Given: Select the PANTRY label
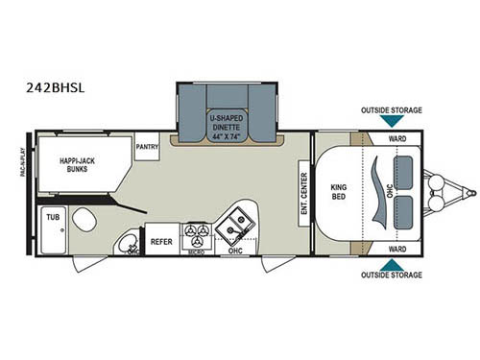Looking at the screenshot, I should [x=147, y=147].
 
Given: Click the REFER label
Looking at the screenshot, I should [x=161, y=241].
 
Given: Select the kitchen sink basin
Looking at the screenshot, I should [x=233, y=228].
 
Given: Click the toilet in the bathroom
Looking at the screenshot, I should [x=83, y=218].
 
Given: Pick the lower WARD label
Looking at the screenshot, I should [x=396, y=250].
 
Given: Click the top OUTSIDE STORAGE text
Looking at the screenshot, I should [x=391, y=110].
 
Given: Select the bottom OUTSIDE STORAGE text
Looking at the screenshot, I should [x=391, y=276].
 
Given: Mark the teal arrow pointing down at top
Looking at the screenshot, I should [x=392, y=122].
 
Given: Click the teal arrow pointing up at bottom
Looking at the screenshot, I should [x=392, y=263].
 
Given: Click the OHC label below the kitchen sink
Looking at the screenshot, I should [x=235, y=252].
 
